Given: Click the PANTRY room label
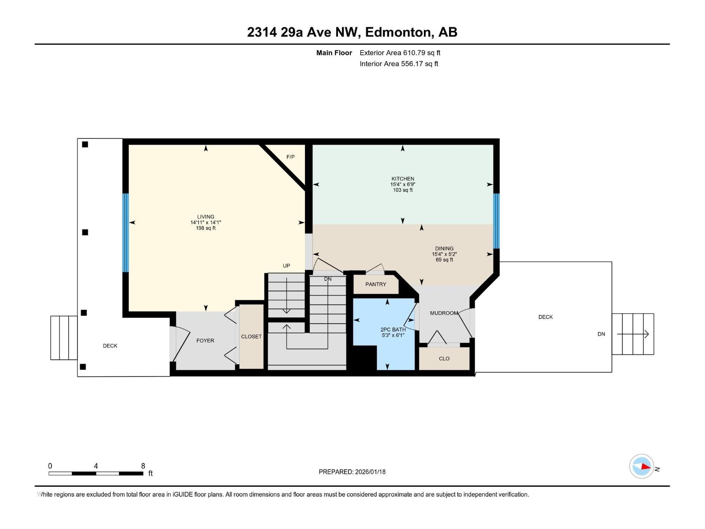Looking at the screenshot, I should (375, 284).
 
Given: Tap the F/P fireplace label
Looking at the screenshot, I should (290, 157).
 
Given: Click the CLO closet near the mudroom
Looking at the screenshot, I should (444, 358).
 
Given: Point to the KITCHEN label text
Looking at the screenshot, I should (403, 179).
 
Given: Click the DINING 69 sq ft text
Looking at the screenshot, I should (444, 260).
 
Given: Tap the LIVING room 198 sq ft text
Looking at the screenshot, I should (206, 228).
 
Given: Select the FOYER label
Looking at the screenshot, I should (205, 340).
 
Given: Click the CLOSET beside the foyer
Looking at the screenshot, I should (251, 336).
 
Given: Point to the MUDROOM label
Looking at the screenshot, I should (444, 313).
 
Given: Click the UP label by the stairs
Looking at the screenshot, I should (286, 265).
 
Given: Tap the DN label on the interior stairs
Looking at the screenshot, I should (328, 279).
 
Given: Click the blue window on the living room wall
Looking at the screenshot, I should (126, 232).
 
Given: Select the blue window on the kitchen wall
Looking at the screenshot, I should (496, 220).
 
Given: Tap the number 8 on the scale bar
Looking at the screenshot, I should (143, 466).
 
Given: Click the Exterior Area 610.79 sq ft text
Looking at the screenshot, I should (400, 52).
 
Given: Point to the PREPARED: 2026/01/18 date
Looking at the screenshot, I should (352, 472).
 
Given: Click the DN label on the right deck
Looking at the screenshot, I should (601, 334).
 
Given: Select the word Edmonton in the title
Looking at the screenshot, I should (398, 32).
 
